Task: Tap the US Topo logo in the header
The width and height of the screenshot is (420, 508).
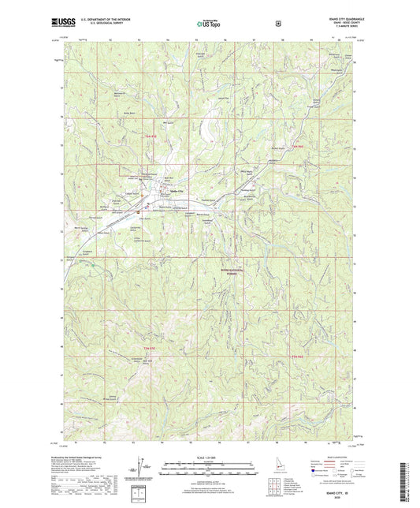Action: click(x=209, y=24)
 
